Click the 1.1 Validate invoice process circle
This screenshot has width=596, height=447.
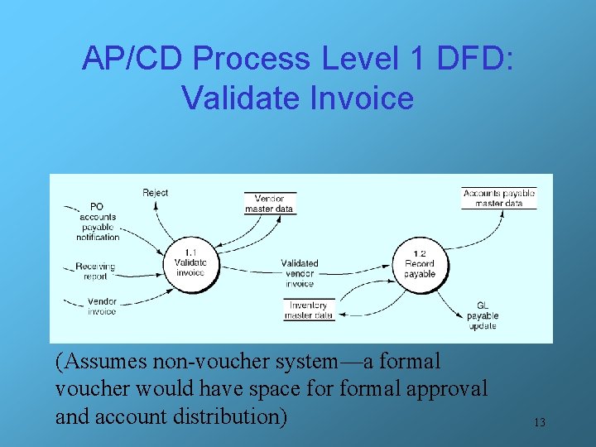tap(190, 263)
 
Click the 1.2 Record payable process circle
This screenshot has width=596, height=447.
tap(419, 264)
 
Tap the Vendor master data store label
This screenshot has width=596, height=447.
tap(270, 204)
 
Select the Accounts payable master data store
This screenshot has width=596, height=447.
tap(498, 198)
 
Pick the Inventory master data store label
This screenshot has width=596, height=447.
tap(309, 310)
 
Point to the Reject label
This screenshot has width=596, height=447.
tap(155, 193)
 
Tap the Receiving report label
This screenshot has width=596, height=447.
tap(95, 272)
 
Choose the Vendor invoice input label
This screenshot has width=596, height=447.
tap(102, 306)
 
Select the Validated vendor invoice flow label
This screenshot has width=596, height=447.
tap(299, 273)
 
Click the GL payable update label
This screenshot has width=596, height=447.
tap(482, 315)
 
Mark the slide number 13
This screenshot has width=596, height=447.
tap(539, 423)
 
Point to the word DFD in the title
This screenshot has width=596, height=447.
tap(471, 58)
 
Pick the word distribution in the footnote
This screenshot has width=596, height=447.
tap(228, 416)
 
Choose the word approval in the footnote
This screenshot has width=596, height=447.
tap(448, 388)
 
